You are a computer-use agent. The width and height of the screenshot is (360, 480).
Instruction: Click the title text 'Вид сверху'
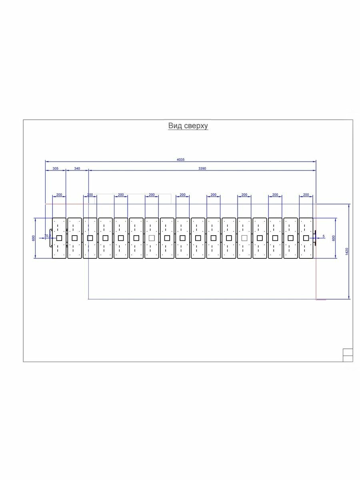188,126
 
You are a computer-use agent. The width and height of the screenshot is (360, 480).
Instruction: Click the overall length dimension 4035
181,159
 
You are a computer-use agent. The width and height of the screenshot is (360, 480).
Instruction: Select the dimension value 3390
202,168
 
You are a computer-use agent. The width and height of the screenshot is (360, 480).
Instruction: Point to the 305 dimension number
55,168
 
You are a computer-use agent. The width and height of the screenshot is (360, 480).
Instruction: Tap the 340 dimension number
77,168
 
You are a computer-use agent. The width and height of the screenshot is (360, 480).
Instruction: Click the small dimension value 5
323,236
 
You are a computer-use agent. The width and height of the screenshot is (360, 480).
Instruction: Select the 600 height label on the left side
33,238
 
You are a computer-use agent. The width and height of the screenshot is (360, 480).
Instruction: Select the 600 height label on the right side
334,238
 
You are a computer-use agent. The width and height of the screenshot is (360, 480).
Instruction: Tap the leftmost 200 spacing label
59,195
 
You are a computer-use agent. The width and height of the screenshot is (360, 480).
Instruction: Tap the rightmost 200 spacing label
306,195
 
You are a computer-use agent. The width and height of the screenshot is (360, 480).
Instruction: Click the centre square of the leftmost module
59,238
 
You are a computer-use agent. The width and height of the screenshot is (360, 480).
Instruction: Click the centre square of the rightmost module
306,238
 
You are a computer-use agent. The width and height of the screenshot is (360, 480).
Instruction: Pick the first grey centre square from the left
152,238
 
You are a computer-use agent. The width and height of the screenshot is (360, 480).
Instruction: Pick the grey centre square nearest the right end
244,238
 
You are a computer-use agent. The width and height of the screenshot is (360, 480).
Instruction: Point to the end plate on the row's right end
315,238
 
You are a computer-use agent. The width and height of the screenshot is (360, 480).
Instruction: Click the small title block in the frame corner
348,355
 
